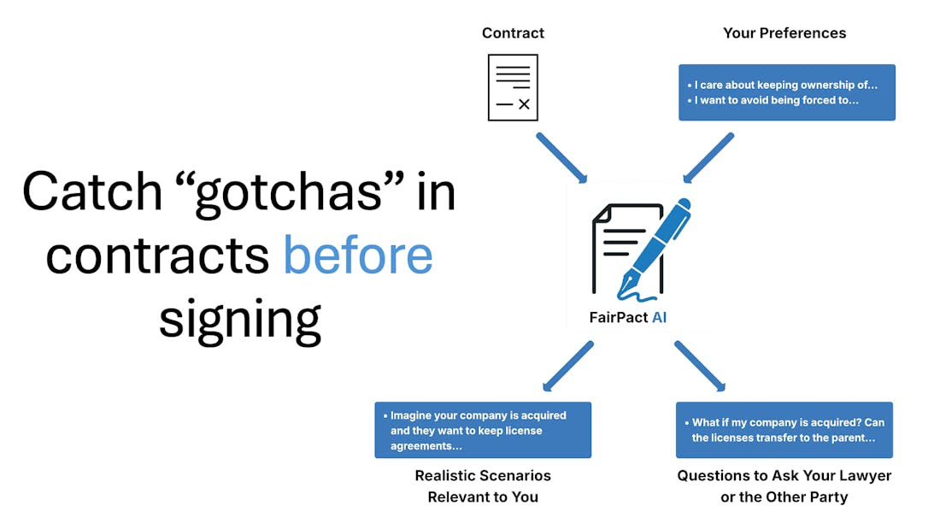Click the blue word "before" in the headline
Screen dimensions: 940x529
click(358, 255)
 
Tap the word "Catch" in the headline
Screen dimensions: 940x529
click(92, 191)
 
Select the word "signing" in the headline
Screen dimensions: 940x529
click(240, 320)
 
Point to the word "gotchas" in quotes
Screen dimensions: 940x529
click(289, 193)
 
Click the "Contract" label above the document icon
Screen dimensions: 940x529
click(514, 33)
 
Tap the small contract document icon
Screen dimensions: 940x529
click(514, 87)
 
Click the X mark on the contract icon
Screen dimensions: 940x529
click(524, 103)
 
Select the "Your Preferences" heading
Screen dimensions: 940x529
click(784, 33)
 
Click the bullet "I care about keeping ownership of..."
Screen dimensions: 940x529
click(782, 85)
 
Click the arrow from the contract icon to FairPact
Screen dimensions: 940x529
click(561, 158)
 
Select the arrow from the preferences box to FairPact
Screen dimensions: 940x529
click(708, 158)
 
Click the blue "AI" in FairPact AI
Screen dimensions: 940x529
click(659, 317)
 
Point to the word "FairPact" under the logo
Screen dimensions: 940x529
click(619, 317)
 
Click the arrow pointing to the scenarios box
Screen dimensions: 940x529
click(567, 367)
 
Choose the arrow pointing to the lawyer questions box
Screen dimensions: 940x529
click(700, 367)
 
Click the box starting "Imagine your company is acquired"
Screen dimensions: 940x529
click(483, 430)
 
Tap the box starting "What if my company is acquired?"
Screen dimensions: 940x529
click(784, 430)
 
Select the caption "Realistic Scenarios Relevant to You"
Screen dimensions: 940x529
click(483, 485)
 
